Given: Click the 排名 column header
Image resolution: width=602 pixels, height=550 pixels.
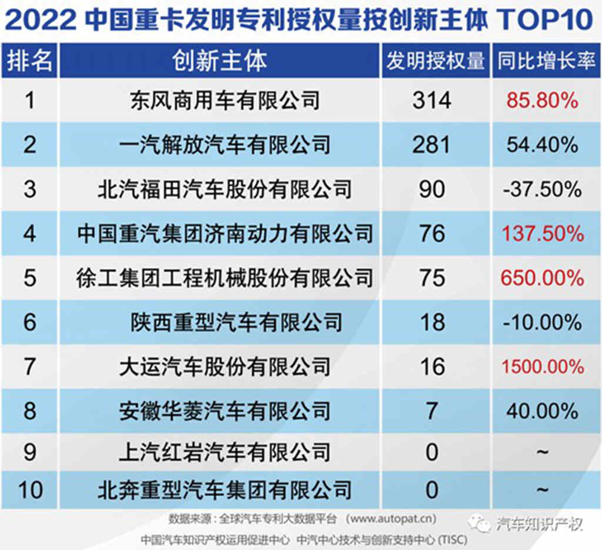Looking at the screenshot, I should click(29, 61).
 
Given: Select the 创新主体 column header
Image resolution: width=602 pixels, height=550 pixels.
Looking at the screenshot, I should click(219, 61).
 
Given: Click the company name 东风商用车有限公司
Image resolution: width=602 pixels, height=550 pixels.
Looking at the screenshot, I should click(225, 100).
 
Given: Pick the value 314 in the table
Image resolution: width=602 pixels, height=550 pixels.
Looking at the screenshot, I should click(432, 100).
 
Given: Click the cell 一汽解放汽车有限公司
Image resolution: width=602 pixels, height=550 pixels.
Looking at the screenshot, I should click(225, 145).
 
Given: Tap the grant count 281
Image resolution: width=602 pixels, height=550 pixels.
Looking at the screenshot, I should click(432, 145).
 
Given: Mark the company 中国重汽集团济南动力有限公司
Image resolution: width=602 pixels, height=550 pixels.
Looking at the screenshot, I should click(225, 234).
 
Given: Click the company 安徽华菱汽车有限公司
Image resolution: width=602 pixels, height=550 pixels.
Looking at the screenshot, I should click(225, 411).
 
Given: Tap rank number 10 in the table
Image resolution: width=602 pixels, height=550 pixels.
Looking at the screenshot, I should click(29, 489).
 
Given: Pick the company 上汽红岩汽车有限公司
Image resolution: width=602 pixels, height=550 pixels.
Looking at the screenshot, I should click(225, 452).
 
